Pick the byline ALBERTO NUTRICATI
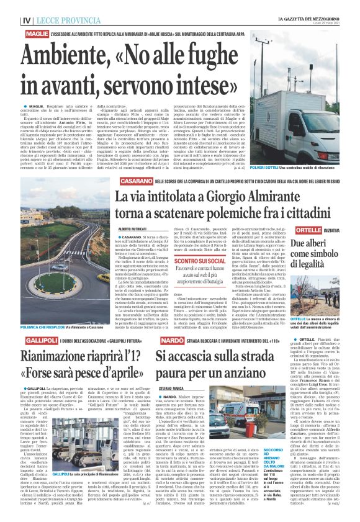click(134, 229)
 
